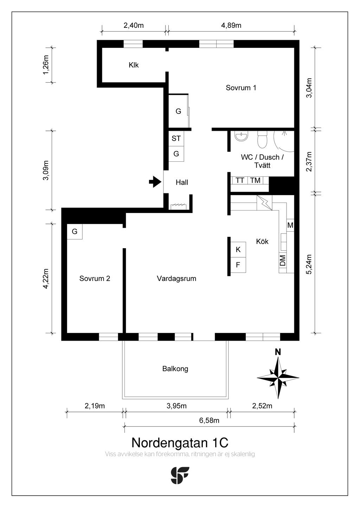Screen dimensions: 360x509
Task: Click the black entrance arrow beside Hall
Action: click(155, 182)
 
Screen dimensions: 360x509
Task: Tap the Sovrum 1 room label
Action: click(241, 88)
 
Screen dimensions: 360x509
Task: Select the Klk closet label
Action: click(134, 65)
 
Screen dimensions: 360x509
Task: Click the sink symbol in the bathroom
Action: click(241, 136)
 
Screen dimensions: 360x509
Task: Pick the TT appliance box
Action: click(239, 180)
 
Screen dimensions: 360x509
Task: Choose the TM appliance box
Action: click(255, 180)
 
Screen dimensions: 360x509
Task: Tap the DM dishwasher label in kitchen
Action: click(283, 260)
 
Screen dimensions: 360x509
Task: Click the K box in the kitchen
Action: click(238, 250)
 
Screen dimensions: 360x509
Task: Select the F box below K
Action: click(238, 265)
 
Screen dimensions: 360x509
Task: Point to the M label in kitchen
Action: click(290, 225)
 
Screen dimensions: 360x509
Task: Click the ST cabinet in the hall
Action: click(176, 138)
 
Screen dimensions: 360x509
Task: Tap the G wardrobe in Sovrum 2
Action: click(75, 232)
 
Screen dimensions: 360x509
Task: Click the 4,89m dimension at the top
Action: click(231, 25)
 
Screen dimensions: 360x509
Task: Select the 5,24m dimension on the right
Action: click(309, 264)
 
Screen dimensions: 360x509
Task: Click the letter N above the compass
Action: click(278, 352)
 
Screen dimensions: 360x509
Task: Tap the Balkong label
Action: click(175, 369)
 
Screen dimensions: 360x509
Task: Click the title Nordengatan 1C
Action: click(180, 443)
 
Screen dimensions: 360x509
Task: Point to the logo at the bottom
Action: click(180, 476)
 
